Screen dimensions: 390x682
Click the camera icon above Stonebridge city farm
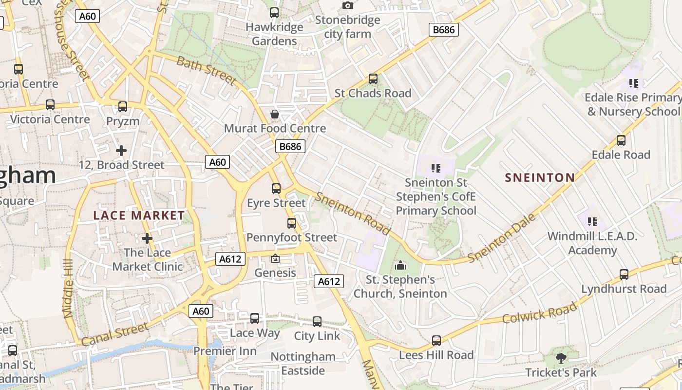tap(347, 5)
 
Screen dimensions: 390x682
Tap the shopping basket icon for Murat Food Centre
tap(275, 114)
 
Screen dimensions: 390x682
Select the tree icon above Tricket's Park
tap(561, 358)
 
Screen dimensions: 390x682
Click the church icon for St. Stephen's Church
tap(400, 265)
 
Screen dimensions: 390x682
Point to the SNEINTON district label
tap(540, 177)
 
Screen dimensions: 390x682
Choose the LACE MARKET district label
tap(139, 215)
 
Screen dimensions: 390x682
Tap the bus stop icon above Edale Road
tap(621, 140)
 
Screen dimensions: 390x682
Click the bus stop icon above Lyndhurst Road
tap(624, 274)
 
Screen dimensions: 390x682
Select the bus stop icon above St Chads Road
tap(373, 78)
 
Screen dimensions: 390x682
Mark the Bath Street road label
tap(206, 70)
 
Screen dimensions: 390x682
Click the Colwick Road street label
tap(539, 312)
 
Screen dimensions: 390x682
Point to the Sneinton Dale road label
tap(502, 238)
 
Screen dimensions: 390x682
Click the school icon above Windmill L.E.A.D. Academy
tap(592, 222)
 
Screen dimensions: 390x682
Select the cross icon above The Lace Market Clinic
tap(147, 238)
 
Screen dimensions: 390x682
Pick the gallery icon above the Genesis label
tap(275, 258)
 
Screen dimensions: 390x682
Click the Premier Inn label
tap(225, 351)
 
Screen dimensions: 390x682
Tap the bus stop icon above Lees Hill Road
tap(436, 340)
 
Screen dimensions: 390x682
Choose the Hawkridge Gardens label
tap(274, 34)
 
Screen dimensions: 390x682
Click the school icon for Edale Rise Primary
tap(633, 83)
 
